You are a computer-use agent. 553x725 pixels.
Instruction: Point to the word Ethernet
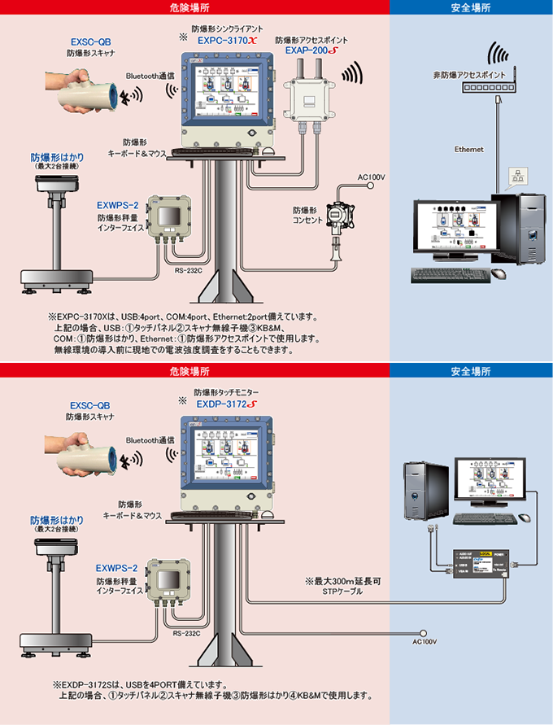[x=468, y=150]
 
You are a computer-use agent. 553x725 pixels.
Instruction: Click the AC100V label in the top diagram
[x=371, y=177]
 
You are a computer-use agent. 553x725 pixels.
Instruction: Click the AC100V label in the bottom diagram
[x=425, y=642]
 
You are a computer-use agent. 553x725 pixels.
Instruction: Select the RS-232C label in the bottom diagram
[x=186, y=632]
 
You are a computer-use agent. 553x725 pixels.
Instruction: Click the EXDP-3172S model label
[x=226, y=403]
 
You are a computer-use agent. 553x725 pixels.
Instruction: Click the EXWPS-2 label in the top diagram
[x=117, y=205]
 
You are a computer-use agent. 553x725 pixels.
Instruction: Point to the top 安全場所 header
[x=471, y=7]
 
